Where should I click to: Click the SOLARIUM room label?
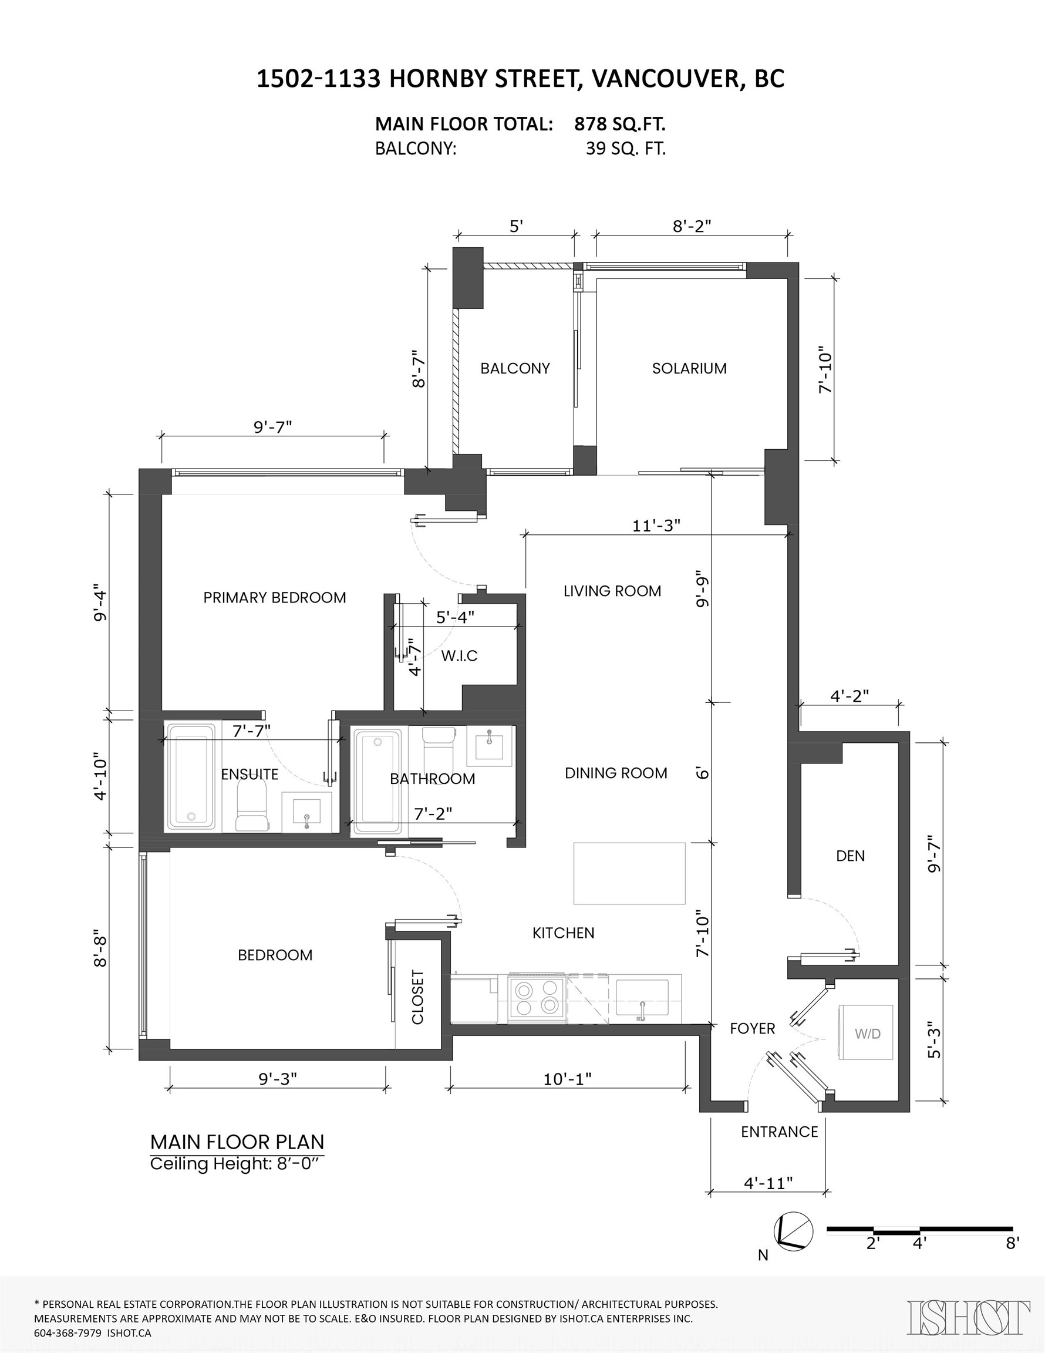click(689, 369)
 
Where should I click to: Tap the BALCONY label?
click(515, 369)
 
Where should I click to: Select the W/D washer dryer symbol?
click(867, 1034)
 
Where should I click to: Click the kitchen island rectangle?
click(629, 873)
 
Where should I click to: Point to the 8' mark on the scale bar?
click(1012, 1243)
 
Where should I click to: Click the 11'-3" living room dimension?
click(656, 526)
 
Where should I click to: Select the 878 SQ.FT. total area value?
click(619, 124)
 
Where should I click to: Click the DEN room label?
click(850, 856)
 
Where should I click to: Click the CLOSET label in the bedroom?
click(417, 997)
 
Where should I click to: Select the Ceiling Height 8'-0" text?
click(237, 1163)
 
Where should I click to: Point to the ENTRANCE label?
click(779, 1131)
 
